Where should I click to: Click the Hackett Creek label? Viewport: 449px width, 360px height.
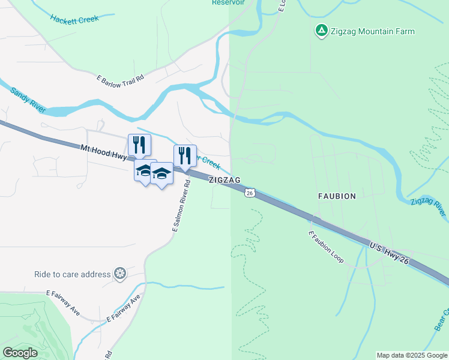point(74,19)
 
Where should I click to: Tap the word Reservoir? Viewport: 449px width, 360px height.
point(228,2)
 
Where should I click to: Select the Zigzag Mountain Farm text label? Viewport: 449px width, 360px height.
point(372,31)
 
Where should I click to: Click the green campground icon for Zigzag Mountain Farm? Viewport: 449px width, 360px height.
point(321,30)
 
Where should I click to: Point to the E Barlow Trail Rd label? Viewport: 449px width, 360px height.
point(121,79)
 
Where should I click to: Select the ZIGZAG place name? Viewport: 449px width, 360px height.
point(224,180)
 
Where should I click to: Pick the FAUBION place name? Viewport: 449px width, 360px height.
point(337,196)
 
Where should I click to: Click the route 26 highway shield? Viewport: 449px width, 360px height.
point(250,193)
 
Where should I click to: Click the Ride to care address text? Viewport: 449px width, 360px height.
point(73,274)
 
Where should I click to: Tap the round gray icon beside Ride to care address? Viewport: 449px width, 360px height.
point(121,274)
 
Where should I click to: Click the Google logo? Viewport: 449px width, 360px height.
point(20,352)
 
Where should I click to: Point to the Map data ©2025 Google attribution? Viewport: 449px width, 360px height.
point(411,355)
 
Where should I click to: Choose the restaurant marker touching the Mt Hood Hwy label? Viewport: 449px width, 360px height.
point(139,145)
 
